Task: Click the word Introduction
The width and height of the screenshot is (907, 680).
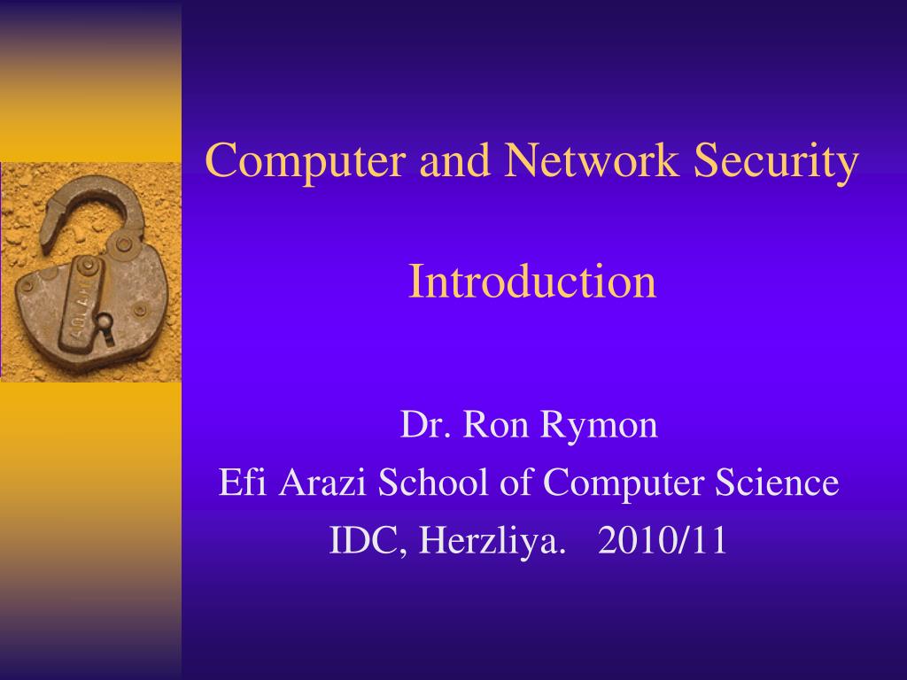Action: click(x=532, y=282)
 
